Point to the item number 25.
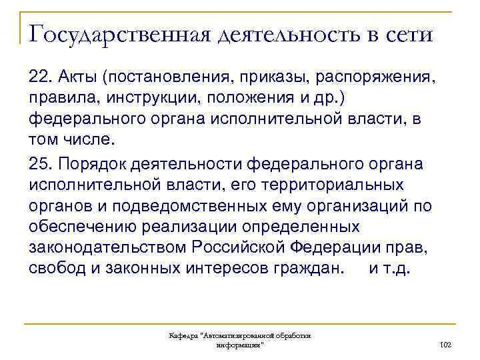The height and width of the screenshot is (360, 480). coord(41,164)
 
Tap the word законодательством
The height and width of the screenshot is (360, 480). coord(108,248)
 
